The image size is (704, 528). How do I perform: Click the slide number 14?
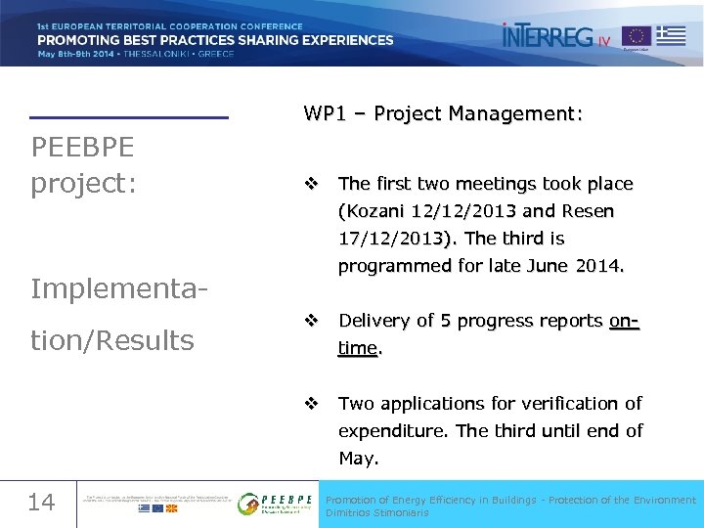[41, 503]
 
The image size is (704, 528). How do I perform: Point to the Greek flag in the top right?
[671, 36]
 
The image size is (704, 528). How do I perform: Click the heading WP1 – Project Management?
[443, 114]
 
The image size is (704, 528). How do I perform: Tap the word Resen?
[587, 211]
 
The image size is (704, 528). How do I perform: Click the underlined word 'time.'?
[360, 348]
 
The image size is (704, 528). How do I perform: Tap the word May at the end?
[358, 458]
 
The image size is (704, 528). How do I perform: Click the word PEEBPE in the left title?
[83, 148]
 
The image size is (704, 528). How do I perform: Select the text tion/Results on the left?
[112, 340]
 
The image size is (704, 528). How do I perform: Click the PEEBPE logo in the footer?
[277, 503]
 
